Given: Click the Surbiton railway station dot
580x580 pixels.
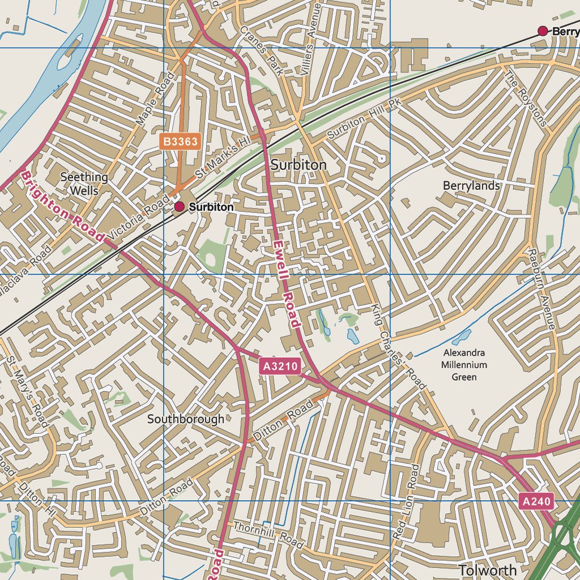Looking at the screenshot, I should pos(180,207).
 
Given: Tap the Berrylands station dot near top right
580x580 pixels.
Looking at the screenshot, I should pos(543,31).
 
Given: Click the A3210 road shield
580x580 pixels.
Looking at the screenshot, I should pos(280,366).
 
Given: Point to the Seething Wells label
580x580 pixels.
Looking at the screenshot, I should pos(84,184).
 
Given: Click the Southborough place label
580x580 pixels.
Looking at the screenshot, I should pos(186,419).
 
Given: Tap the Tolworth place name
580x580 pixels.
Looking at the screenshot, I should pos(487,570).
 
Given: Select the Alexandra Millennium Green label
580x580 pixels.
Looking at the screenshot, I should pos(464,365).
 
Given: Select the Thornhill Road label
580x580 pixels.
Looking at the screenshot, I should pos(267,534).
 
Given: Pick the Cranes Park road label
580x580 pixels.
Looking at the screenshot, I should pos(261,51).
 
